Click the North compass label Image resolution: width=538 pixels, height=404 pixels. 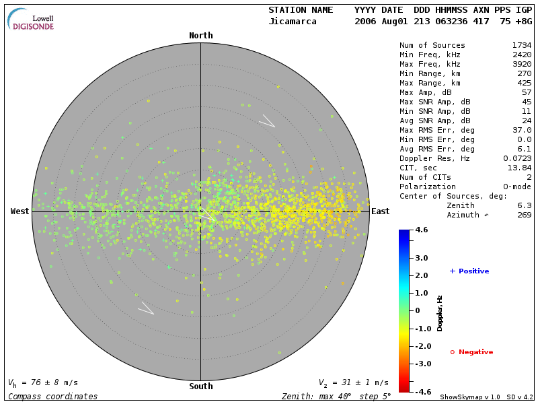200,36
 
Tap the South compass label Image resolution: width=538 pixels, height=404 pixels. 200,386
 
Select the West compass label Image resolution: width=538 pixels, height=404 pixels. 20,211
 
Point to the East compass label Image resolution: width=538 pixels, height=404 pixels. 381,211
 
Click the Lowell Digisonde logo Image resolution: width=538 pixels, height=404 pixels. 32,20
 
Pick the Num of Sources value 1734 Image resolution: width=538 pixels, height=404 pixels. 521,45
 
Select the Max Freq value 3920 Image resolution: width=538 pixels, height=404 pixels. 521,64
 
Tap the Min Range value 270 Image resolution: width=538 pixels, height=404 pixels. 524,73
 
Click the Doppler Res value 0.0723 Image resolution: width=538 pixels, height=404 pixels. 516,158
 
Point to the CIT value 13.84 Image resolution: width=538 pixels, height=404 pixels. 519,168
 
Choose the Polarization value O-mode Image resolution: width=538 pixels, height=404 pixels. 514,187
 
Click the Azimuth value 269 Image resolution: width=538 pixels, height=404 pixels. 524,215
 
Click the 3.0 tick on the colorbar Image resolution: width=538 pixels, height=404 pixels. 422,258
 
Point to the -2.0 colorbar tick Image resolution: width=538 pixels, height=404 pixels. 422,346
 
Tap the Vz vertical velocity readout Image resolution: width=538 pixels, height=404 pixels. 353,382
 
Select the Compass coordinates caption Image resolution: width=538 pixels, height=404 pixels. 52,397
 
